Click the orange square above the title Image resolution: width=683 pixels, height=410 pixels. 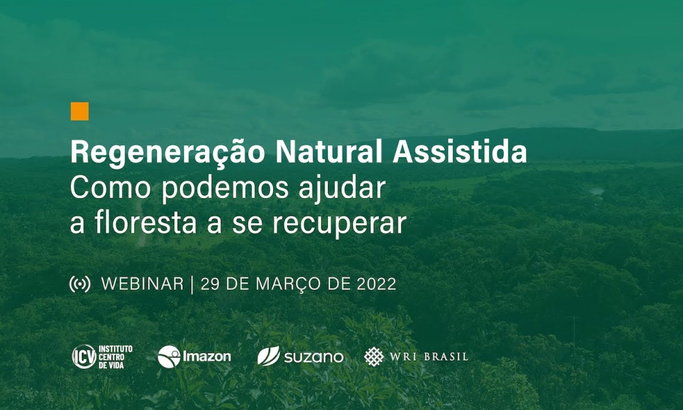tap(80, 111)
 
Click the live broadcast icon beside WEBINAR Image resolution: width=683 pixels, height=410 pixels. tap(80, 284)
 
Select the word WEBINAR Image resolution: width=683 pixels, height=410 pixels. tap(143, 284)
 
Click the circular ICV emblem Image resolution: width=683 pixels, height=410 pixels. tap(84, 357)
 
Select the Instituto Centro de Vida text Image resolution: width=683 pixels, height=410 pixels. tap(115, 357)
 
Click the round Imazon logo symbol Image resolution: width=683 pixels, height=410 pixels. tap(169, 357)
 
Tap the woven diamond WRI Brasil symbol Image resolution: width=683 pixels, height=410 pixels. tap(374, 357)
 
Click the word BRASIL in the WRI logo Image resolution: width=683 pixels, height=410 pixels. tap(446, 357)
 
